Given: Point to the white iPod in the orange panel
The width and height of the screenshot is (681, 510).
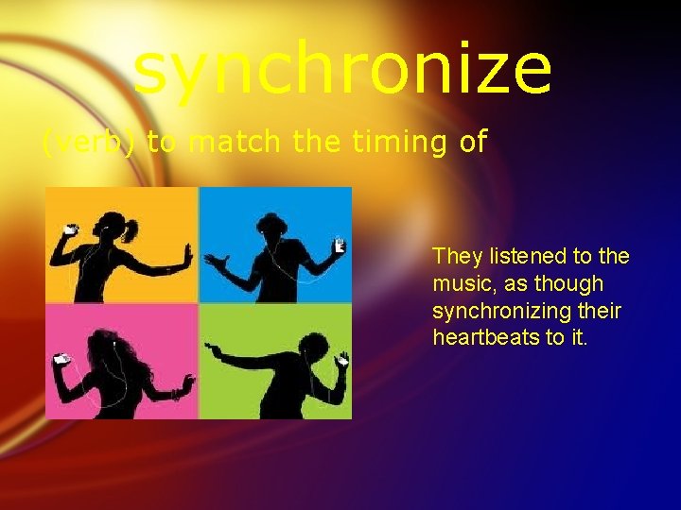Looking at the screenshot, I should tap(68, 229).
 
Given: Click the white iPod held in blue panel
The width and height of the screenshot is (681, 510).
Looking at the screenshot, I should tap(338, 246).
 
